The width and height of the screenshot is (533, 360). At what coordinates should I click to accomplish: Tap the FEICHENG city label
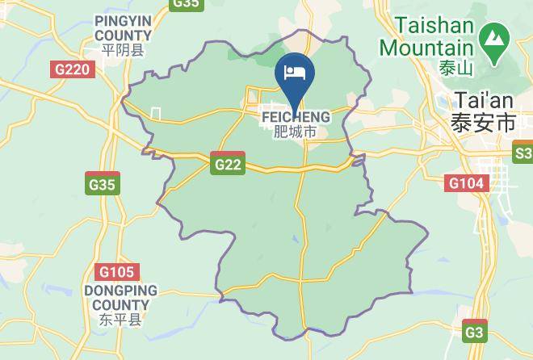[x=295, y=117]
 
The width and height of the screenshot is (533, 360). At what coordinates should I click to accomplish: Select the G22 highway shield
[x=228, y=164]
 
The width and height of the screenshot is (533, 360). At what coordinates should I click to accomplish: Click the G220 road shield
[x=73, y=69]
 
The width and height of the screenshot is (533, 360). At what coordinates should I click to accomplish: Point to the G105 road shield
[x=117, y=272]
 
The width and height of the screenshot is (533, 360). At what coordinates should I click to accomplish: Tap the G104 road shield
[x=467, y=183]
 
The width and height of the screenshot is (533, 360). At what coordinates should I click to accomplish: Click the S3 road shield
[x=523, y=153]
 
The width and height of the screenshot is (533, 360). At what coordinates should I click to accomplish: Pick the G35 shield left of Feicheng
[x=102, y=185]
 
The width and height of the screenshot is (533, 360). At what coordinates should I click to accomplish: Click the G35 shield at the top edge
[x=187, y=4]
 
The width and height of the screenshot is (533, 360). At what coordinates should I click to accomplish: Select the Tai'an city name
[x=485, y=101]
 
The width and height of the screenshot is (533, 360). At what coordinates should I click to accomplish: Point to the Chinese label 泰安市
[x=483, y=123]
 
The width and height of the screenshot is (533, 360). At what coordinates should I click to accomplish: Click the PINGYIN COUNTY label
[x=123, y=28]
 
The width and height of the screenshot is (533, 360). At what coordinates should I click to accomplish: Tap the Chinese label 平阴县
[x=123, y=50]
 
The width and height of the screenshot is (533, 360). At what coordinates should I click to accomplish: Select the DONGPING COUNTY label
[x=120, y=298]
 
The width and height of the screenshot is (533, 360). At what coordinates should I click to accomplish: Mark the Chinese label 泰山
[x=455, y=68]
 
